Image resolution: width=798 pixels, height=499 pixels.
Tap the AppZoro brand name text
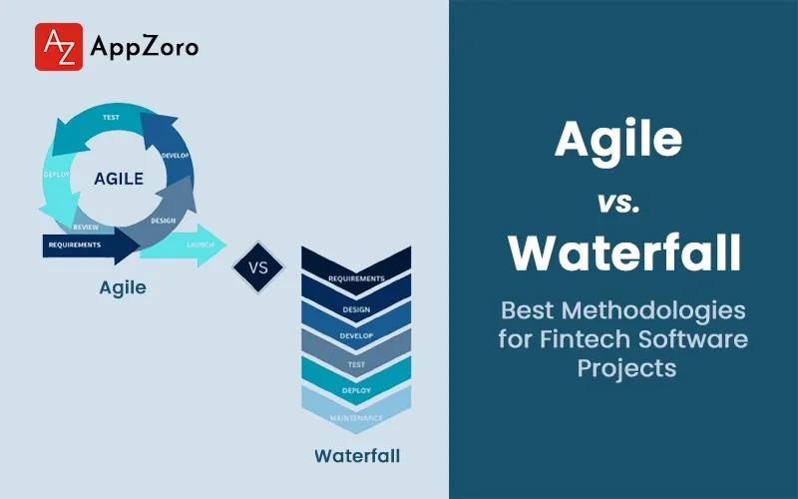click(x=144, y=47)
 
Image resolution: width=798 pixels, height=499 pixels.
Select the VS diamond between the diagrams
click(x=257, y=268)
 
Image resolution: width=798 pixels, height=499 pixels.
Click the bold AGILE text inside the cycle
click(x=118, y=181)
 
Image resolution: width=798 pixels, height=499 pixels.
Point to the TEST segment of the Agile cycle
click(x=113, y=118)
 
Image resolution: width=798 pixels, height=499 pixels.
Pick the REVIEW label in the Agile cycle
click(x=85, y=227)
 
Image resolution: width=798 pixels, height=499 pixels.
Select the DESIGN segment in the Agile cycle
click(x=165, y=220)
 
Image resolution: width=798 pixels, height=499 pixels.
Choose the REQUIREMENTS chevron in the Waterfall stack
click(x=356, y=278)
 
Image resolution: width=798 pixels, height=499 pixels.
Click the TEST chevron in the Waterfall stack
click(x=356, y=365)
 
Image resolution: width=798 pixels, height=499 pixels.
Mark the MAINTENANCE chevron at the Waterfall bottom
click(x=356, y=417)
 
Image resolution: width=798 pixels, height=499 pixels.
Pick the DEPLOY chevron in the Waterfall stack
click(x=356, y=390)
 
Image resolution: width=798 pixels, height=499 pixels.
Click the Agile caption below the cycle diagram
click(x=123, y=288)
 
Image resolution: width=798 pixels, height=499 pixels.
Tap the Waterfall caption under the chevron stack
click(x=357, y=456)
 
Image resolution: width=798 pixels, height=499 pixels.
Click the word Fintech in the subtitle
click(x=584, y=338)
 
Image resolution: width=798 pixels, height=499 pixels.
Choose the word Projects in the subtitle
click(x=625, y=367)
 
